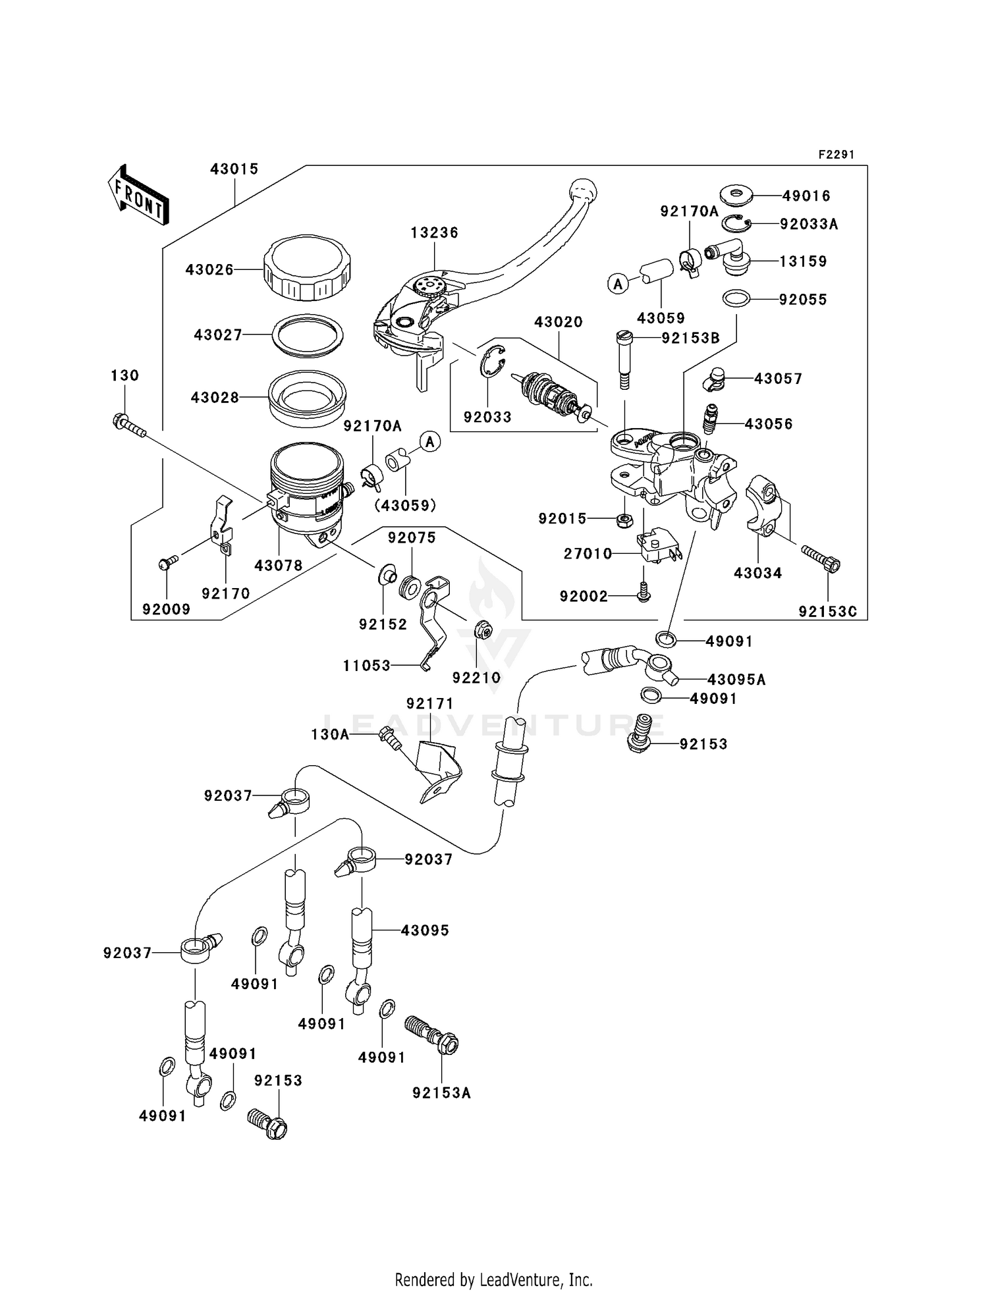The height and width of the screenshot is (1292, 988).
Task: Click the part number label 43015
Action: pos(234,169)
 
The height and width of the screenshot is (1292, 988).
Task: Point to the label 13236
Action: pos(434,232)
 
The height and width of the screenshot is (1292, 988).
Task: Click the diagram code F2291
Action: pos(836,155)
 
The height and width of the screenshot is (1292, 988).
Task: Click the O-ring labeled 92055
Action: pos(736,298)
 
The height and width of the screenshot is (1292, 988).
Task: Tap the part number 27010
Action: pos(588,554)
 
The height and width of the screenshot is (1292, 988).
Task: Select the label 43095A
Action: pos(736,680)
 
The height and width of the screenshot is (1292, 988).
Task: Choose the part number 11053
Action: pos(366,666)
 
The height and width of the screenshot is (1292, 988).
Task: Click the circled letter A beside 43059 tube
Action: pos(618,284)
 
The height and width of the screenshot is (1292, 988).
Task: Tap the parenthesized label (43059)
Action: pos(405,505)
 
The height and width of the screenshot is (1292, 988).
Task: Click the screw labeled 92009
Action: pos(167,563)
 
